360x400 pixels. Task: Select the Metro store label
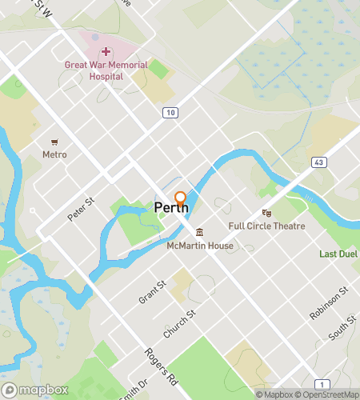pos(54,154)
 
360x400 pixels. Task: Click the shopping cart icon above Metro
pos(54,141)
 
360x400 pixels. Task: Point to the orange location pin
pos(181,199)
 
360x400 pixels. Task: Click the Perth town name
pos(170,209)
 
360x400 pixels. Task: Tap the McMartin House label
pos(200,246)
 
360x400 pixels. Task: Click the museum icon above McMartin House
pos(199,233)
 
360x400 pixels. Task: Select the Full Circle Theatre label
pos(267,226)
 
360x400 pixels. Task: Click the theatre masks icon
pos(267,214)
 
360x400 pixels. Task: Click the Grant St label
pos(152,291)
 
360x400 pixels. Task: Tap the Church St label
pos(180,322)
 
